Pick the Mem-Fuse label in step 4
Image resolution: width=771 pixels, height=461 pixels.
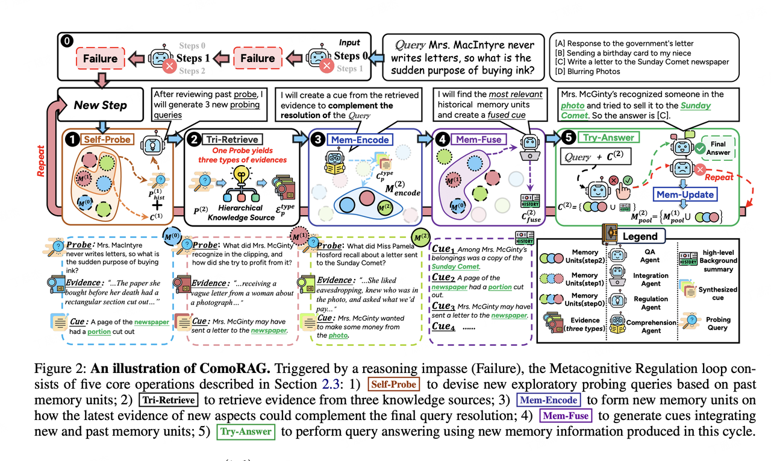click(x=479, y=140)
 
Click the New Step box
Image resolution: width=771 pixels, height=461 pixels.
click(x=100, y=105)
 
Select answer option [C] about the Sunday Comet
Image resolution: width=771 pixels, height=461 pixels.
click(x=648, y=62)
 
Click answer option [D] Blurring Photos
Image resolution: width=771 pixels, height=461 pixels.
click(x=593, y=72)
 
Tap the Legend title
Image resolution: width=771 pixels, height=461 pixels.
click(x=640, y=236)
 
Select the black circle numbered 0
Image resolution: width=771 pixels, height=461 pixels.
click(x=66, y=42)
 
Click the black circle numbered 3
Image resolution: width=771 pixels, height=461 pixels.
click(x=317, y=140)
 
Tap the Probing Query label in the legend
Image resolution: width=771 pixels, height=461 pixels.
click(x=718, y=324)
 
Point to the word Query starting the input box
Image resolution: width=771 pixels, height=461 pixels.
click(x=410, y=45)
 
